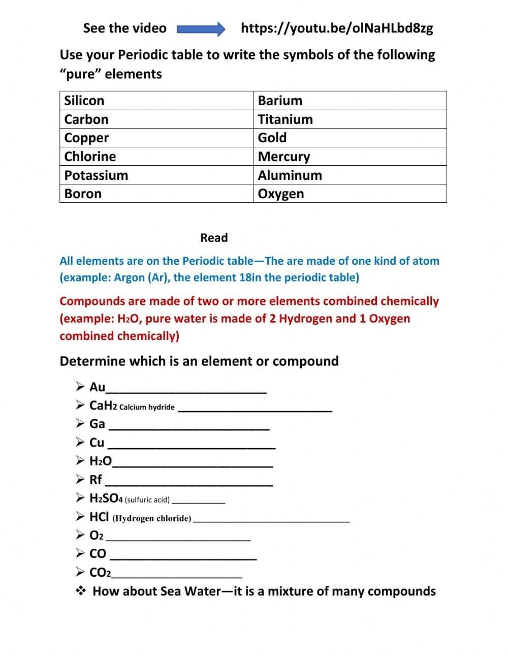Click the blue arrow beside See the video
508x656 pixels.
pyautogui.click(x=201, y=28)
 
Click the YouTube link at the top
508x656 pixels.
pyautogui.click(x=337, y=28)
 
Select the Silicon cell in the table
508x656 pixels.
pyautogui.click(x=156, y=101)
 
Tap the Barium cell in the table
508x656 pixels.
pyautogui.click(x=350, y=101)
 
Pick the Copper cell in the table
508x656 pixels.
pyautogui.click(x=156, y=138)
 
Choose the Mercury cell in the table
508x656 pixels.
pyautogui.click(x=350, y=157)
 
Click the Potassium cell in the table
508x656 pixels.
pyautogui.click(x=156, y=175)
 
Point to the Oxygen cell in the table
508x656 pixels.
pyautogui.click(x=350, y=194)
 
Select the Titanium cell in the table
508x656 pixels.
pyautogui.click(x=350, y=119)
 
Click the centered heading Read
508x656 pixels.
pyautogui.click(x=214, y=238)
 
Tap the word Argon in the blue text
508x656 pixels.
pyautogui.click(x=130, y=277)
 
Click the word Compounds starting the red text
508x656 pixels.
pyautogui.click(x=92, y=301)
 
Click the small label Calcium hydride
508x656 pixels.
pyautogui.click(x=147, y=407)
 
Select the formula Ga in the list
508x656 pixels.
pyautogui.click(x=97, y=424)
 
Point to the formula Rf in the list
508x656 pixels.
pyautogui.click(x=96, y=480)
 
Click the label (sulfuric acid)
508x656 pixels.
pyautogui.click(x=147, y=500)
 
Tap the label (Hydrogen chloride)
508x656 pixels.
pyautogui.click(x=152, y=519)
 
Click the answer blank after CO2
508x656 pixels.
pyautogui.click(x=177, y=576)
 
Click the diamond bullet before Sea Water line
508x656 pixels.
pyautogui.click(x=81, y=591)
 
